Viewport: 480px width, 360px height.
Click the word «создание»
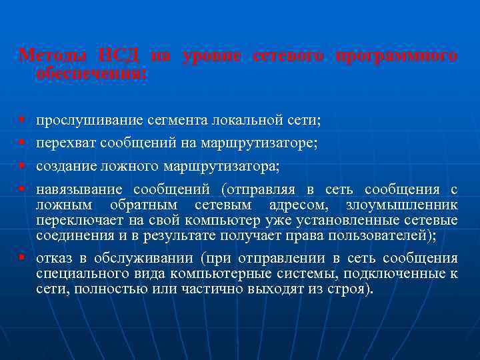pyautogui.click(x=63, y=165)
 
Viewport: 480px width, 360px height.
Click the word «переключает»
pyautogui.click(x=75, y=220)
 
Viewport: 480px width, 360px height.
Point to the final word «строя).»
pyautogui.click(x=352, y=291)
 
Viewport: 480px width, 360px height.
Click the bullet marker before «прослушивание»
pyautogui.click(x=23, y=121)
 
